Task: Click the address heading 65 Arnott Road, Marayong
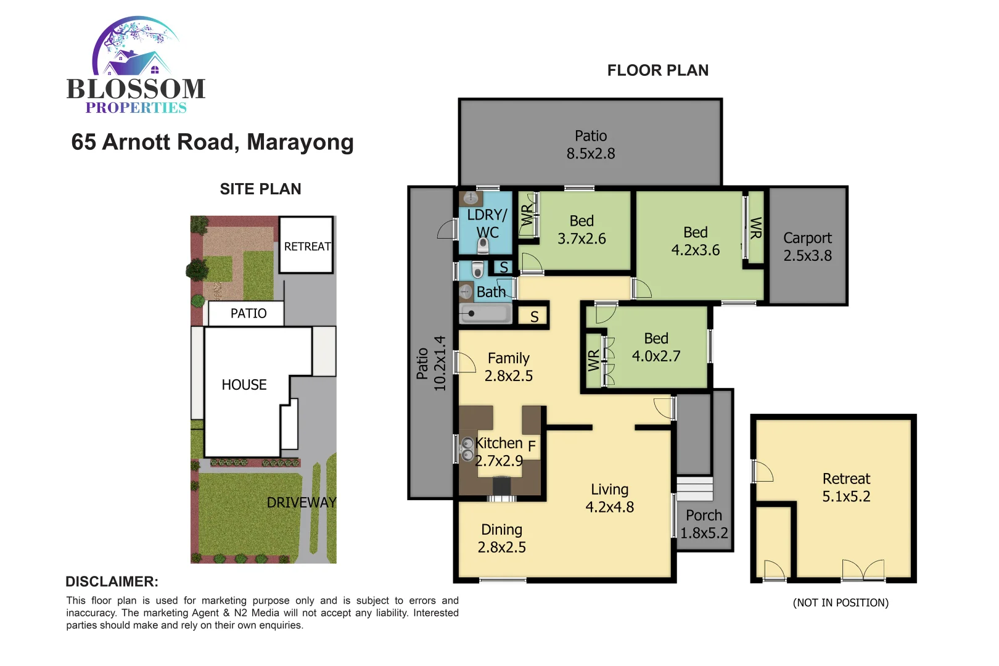pos(212,142)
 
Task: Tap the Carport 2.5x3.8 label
pos(807,247)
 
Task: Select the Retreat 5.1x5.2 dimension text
pos(846,496)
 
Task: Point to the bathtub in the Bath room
pos(485,313)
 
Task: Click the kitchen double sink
pos(467,449)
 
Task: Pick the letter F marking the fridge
pos(532,445)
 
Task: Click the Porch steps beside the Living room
pos(694,488)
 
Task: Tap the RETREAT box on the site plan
pos(306,246)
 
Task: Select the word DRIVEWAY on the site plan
pos(302,503)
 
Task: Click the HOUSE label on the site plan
pos(244,385)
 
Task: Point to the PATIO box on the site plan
pos(248,313)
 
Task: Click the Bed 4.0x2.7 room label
pos(656,347)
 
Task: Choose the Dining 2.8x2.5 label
pos(502,538)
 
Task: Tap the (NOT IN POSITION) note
pos(841,602)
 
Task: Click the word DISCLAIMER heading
pos(112,582)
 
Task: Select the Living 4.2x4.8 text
pos(609,498)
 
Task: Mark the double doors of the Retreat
pos(863,570)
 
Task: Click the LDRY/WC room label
pos(487,223)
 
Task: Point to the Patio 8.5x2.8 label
pos(591,145)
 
